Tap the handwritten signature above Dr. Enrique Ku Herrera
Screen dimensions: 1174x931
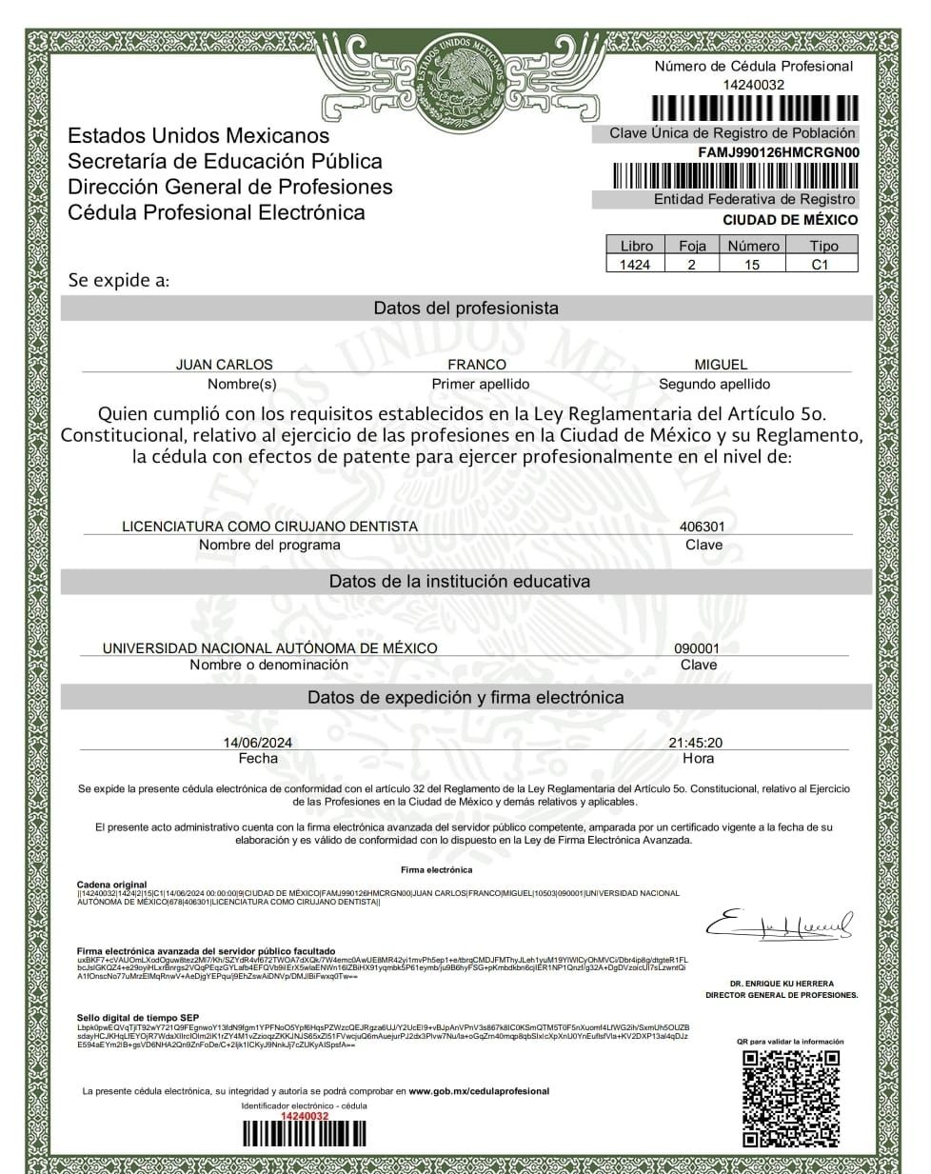point(779,925)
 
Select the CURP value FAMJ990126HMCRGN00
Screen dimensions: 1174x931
point(778,152)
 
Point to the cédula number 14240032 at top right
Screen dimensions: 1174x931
point(753,85)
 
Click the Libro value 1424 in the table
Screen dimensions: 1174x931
point(635,265)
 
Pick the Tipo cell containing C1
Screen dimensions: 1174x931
point(820,265)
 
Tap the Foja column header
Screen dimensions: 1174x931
point(692,246)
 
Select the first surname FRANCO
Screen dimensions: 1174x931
point(477,365)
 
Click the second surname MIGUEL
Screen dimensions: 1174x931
point(721,365)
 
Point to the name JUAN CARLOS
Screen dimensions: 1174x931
point(224,365)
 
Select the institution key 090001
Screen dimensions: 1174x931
point(697,648)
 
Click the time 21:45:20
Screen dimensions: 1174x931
point(695,743)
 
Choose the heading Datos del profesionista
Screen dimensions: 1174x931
point(465,308)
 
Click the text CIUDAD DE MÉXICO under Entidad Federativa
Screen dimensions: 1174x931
point(789,220)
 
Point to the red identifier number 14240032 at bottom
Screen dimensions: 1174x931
point(305,1116)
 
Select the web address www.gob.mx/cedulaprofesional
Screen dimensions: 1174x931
point(479,1091)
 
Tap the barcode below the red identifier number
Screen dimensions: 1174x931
point(305,1133)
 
